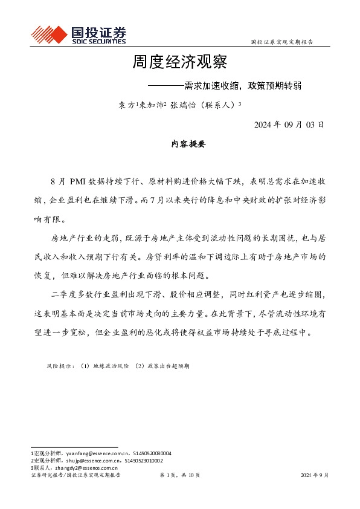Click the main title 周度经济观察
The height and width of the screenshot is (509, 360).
[x=179, y=62]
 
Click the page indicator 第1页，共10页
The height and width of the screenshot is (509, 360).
[x=180, y=476]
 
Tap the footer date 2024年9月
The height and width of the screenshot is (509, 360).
[x=315, y=476]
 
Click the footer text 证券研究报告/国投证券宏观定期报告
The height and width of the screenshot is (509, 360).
[x=76, y=476]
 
